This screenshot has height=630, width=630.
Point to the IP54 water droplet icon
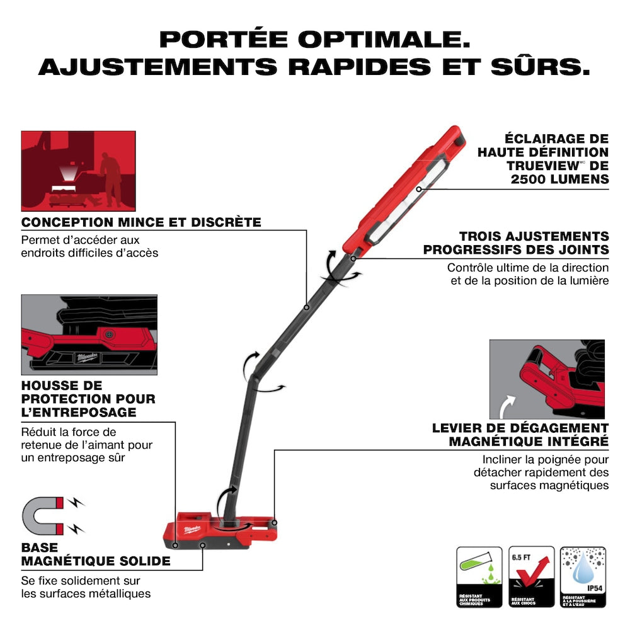pyautogui.click(x=583, y=571)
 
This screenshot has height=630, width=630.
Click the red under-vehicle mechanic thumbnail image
pyautogui.click(x=78, y=170)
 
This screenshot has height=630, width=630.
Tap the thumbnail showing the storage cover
pyautogui.click(x=89, y=334)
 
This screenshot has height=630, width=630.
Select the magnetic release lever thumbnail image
pyautogui.click(x=547, y=379)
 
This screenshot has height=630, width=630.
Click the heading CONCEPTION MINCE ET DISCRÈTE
pyautogui.click(x=141, y=222)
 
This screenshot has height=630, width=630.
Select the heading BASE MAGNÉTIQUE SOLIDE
pyautogui.click(x=96, y=554)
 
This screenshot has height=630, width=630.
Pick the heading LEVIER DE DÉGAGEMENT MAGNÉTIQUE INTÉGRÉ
pyautogui.click(x=520, y=435)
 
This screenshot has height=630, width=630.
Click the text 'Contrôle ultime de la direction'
pyautogui.click(x=528, y=268)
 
